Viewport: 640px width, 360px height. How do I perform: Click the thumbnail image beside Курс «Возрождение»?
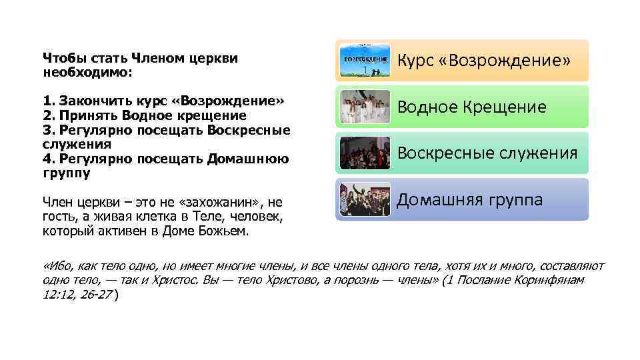365,61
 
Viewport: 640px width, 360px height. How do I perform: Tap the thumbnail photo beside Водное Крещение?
365,107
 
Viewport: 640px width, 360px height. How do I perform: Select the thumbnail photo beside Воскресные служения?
365,153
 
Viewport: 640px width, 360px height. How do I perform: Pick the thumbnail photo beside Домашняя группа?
365,199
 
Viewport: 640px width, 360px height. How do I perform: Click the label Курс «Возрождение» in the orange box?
484,61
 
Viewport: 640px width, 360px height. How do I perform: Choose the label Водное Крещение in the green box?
472,107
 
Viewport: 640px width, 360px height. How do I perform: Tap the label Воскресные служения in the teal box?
487,153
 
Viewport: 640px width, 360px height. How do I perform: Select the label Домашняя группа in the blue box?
470,199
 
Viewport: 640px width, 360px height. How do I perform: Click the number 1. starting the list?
49,101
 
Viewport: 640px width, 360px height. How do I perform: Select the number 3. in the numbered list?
49,130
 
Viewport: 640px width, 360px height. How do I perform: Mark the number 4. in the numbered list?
49,159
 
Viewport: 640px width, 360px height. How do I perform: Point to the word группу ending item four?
66,173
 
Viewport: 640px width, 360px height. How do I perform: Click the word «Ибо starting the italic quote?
55,267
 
